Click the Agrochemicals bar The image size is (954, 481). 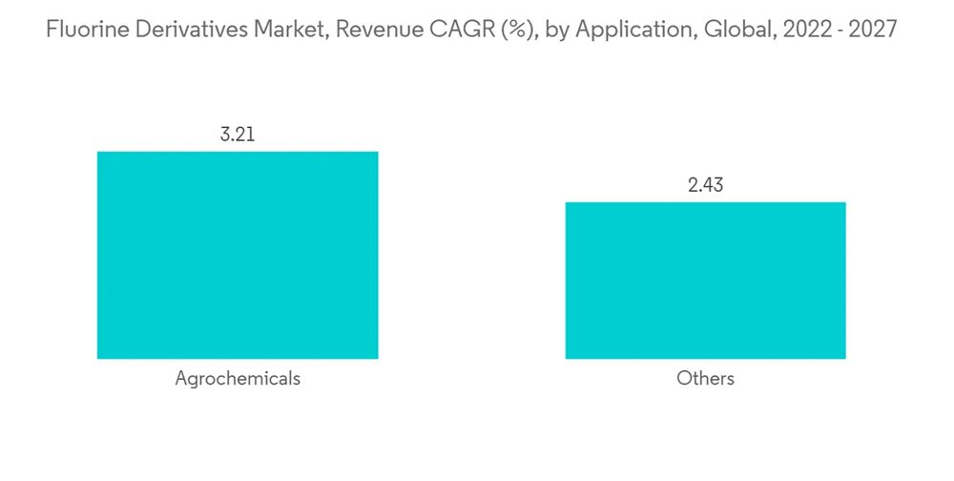[238, 255]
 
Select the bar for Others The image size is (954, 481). [705, 281]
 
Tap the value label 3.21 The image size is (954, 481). [238, 135]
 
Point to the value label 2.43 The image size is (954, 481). [705, 185]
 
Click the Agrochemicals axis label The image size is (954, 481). [238, 379]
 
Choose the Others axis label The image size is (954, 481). [705, 379]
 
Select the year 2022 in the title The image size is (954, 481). [798, 30]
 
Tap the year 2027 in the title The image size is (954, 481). [872, 30]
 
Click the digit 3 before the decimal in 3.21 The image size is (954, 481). [225, 135]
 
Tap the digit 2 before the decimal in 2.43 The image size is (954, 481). [693, 185]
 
